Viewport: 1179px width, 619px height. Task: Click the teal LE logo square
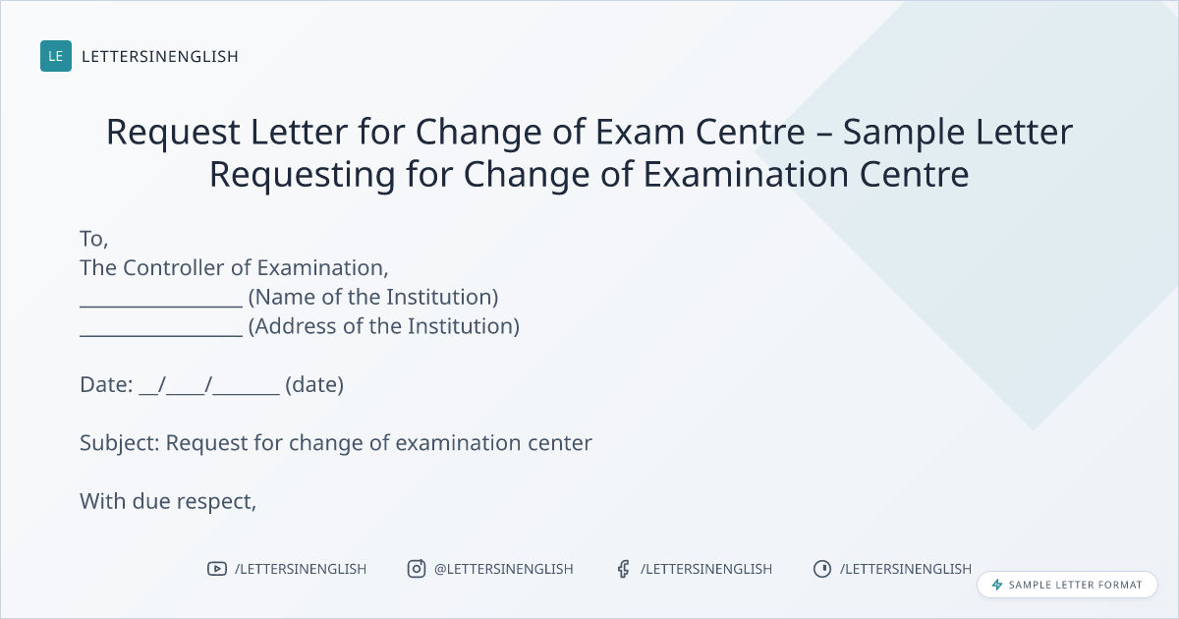tap(56, 56)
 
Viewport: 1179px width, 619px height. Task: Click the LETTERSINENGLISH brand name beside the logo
tap(160, 56)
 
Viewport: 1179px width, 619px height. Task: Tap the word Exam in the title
tap(640, 131)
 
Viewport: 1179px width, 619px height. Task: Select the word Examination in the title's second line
tap(746, 174)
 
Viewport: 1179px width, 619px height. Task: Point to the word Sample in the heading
tap(904, 133)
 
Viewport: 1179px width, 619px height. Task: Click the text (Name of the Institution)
tap(373, 297)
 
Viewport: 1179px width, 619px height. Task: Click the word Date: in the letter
tap(106, 385)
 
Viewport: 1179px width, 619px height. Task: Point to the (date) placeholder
tap(314, 385)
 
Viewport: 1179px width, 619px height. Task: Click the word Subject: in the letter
tap(120, 443)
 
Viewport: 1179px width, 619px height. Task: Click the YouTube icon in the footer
tap(217, 569)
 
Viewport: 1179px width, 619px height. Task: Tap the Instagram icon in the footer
tap(417, 569)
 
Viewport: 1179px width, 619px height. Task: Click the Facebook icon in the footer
tap(623, 569)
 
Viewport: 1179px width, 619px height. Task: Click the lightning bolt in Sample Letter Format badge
tap(997, 585)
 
